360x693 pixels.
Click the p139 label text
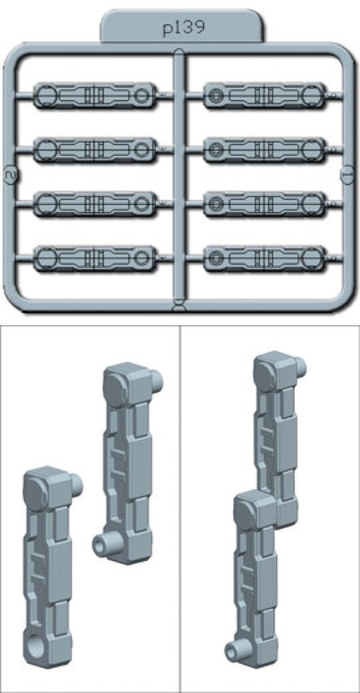182,28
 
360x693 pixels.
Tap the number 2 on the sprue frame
8,176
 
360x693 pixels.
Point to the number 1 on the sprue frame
347,174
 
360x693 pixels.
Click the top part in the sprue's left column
95,95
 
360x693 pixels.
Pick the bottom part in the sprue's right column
265,257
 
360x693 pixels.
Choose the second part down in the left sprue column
95,150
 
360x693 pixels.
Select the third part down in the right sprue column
265,203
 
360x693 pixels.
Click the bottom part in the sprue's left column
95,258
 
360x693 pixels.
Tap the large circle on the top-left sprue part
46,95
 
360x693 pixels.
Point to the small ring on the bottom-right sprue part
216,257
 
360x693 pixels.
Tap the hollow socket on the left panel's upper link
103,543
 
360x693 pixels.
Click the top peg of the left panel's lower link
76,485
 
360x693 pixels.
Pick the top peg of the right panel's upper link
299,365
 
